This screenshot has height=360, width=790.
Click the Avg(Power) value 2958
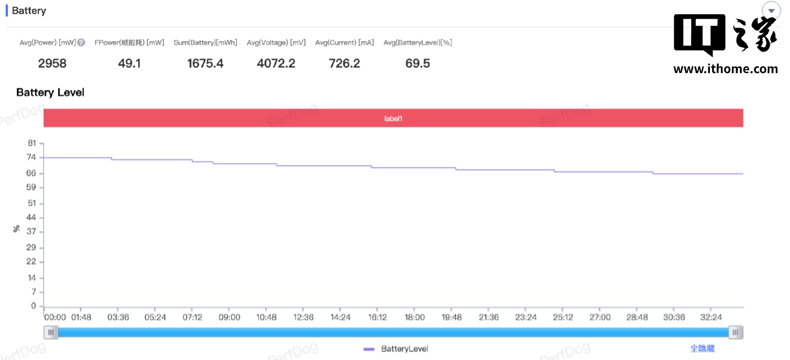click(52, 64)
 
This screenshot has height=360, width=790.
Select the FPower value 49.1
click(129, 64)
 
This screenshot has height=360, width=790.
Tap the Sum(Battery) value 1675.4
click(205, 64)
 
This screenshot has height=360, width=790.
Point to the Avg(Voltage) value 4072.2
click(276, 64)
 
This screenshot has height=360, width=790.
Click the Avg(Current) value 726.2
click(345, 64)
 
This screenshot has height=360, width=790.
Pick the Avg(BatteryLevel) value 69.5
click(417, 64)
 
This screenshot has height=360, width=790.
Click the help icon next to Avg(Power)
click(81, 43)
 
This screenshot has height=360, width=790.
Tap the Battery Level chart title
click(50, 92)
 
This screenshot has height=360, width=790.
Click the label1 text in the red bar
click(393, 118)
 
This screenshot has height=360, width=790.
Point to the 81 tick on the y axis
click(32, 143)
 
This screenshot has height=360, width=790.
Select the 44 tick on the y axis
click(32, 217)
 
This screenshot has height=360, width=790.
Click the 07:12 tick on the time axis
click(192, 317)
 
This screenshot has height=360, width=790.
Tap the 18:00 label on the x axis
click(415, 317)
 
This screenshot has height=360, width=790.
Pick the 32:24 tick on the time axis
click(711, 317)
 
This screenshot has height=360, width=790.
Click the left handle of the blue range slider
click(51, 332)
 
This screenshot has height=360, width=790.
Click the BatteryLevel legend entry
click(396, 349)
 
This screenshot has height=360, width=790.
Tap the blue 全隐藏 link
click(702, 348)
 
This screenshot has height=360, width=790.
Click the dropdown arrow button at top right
click(771, 11)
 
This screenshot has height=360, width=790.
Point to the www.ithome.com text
click(725, 69)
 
